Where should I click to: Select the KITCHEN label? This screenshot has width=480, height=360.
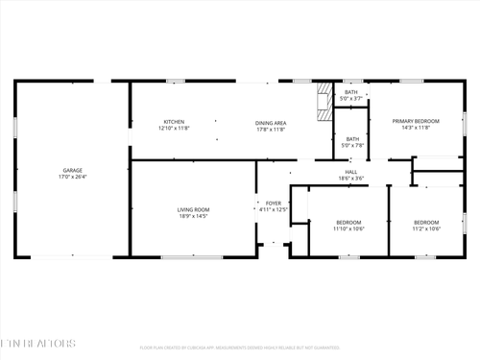(174, 122)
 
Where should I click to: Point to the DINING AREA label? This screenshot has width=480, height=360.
(271, 122)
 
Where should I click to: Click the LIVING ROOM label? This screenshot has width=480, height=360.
(193, 209)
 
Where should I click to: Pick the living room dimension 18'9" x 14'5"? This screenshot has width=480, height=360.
(193, 216)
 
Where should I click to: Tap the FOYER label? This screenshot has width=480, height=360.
(274, 203)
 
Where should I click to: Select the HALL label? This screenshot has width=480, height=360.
(350, 172)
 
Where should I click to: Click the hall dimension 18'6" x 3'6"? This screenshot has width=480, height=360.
(350, 179)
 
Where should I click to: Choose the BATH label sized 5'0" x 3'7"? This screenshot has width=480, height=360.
(352, 92)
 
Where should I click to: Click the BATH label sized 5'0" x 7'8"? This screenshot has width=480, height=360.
(352, 138)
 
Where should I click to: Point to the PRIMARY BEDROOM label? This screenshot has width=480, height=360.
(416, 120)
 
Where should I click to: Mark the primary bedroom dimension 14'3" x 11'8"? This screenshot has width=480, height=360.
(416, 127)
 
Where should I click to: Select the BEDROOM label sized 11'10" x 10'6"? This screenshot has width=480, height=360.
(348, 222)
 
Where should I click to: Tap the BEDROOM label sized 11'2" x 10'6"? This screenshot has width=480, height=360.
(426, 222)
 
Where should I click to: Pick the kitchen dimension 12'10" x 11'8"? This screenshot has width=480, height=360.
(174, 128)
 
